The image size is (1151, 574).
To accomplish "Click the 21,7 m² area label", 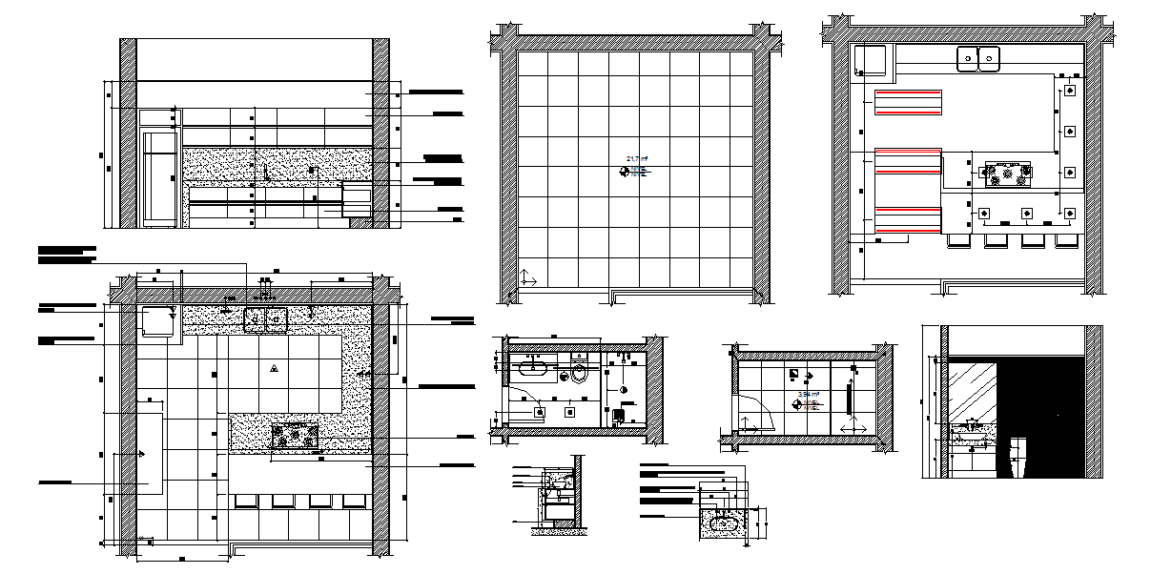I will click(637, 158).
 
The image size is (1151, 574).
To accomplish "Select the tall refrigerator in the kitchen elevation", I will click(159, 176).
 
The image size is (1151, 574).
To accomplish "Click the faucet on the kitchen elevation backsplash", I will click(266, 171).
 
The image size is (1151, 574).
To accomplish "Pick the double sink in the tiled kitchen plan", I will click(266, 319).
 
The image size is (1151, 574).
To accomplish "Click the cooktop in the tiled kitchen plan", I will click(295, 436).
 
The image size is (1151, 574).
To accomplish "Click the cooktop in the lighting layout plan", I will click(1007, 174).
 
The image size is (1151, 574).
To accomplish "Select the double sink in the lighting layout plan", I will click(978, 58).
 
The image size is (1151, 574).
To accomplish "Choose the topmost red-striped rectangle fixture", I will click(908, 102).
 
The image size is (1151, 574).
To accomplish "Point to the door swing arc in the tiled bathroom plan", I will click(754, 410).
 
